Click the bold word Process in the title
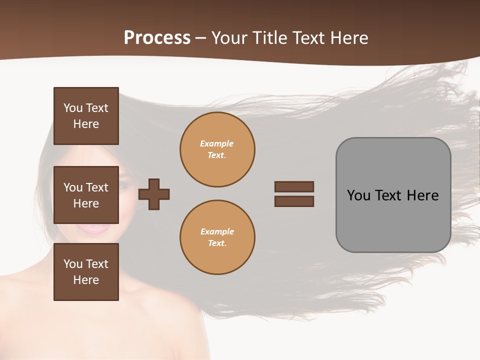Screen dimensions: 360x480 [157, 38]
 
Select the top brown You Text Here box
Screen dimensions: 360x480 [86, 116]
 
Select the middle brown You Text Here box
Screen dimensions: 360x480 [86, 195]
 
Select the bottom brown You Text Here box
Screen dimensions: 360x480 [86, 272]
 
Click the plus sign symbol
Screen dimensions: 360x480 [154, 194]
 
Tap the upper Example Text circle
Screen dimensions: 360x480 [217, 149]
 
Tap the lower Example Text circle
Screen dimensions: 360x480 [217, 237]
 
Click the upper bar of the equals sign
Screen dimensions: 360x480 [294, 186]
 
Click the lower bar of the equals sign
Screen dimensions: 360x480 [294, 201]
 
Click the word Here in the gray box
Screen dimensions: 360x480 [422, 195]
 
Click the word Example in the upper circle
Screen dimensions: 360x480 [217, 143]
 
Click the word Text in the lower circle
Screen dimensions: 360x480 [216, 243]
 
